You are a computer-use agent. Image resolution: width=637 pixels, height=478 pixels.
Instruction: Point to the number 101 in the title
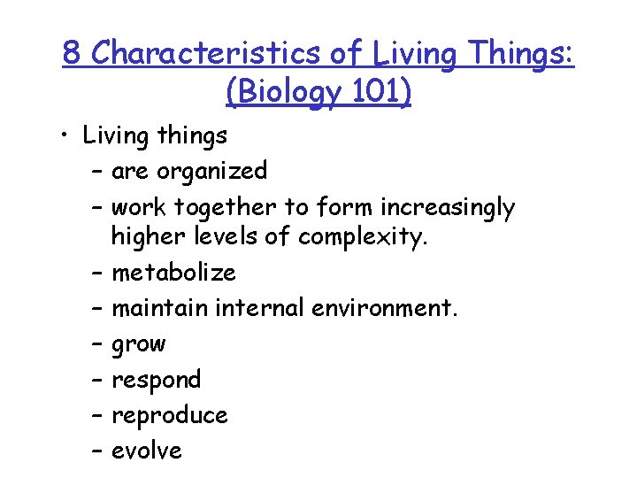[378, 91]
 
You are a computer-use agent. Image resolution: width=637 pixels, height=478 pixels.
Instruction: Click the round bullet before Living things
[68, 136]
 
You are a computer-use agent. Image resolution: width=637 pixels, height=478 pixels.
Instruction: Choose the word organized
[211, 171]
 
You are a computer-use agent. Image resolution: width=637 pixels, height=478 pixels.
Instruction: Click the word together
[226, 207]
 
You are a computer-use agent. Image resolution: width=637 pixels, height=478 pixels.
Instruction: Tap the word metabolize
[173, 272]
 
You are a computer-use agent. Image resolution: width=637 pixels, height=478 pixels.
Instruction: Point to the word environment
[382, 308]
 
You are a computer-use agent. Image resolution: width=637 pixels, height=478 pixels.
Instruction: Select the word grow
[138, 344]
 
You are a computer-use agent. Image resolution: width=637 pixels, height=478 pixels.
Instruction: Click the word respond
[156, 380]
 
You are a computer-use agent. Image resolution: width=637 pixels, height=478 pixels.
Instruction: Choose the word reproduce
[169, 415]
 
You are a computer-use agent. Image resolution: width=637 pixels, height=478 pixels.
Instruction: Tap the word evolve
[146, 451]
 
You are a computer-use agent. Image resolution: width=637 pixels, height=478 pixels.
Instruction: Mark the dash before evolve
[96, 451]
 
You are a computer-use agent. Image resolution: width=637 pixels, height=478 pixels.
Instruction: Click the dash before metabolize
[96, 272]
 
